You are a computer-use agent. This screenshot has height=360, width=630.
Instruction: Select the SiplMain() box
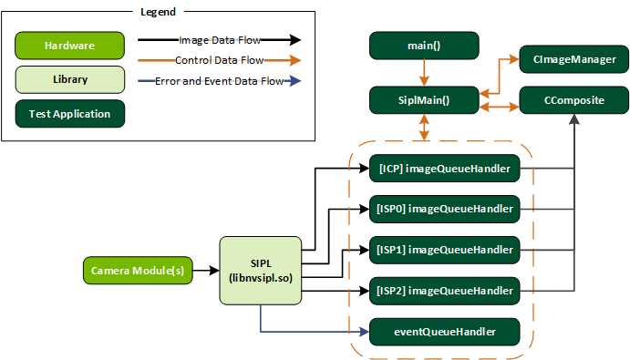click(421, 100)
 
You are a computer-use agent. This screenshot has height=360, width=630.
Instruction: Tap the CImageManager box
click(573, 60)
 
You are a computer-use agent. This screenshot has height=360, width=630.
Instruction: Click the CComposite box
click(573, 100)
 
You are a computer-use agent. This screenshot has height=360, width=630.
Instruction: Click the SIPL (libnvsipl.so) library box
click(260, 271)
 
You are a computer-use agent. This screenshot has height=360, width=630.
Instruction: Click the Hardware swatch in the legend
click(70, 45)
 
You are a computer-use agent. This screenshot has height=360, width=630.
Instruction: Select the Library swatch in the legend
click(70, 79)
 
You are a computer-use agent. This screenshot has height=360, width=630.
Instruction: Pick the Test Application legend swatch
click(70, 114)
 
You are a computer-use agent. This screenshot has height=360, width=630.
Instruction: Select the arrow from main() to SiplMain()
click(421, 72)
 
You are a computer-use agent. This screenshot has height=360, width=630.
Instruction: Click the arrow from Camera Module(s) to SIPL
click(206, 271)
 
